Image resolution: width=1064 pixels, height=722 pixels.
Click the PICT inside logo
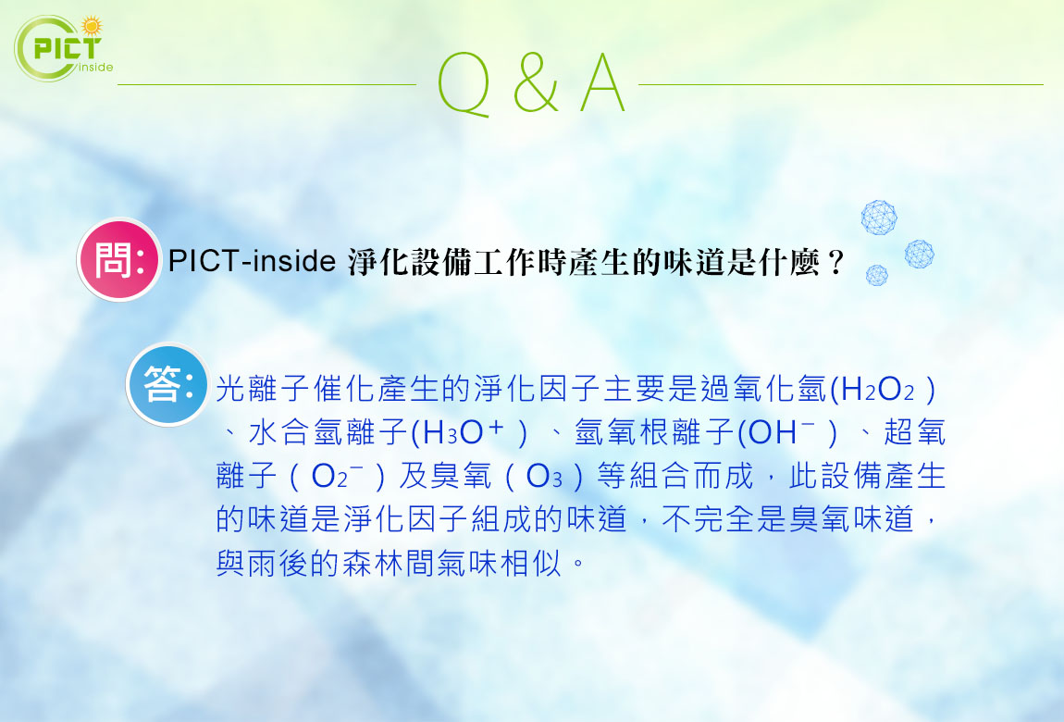(x=63, y=47)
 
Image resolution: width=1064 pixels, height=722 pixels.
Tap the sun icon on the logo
(x=91, y=27)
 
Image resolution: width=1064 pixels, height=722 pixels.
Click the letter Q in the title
(x=464, y=84)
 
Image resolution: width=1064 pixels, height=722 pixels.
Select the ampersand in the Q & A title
(x=536, y=82)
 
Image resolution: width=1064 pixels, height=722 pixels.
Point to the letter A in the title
(x=602, y=82)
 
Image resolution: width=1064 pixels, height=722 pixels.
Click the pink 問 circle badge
(x=119, y=259)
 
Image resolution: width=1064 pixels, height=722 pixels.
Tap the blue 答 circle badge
(x=167, y=384)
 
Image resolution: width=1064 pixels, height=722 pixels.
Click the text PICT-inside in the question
(x=252, y=261)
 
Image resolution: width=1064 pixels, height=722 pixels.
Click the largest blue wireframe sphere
(x=879, y=218)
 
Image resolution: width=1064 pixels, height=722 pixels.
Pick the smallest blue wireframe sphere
(x=877, y=275)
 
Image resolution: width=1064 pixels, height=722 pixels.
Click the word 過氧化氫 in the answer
(x=763, y=389)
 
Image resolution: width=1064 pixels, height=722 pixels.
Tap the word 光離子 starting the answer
(x=264, y=389)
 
